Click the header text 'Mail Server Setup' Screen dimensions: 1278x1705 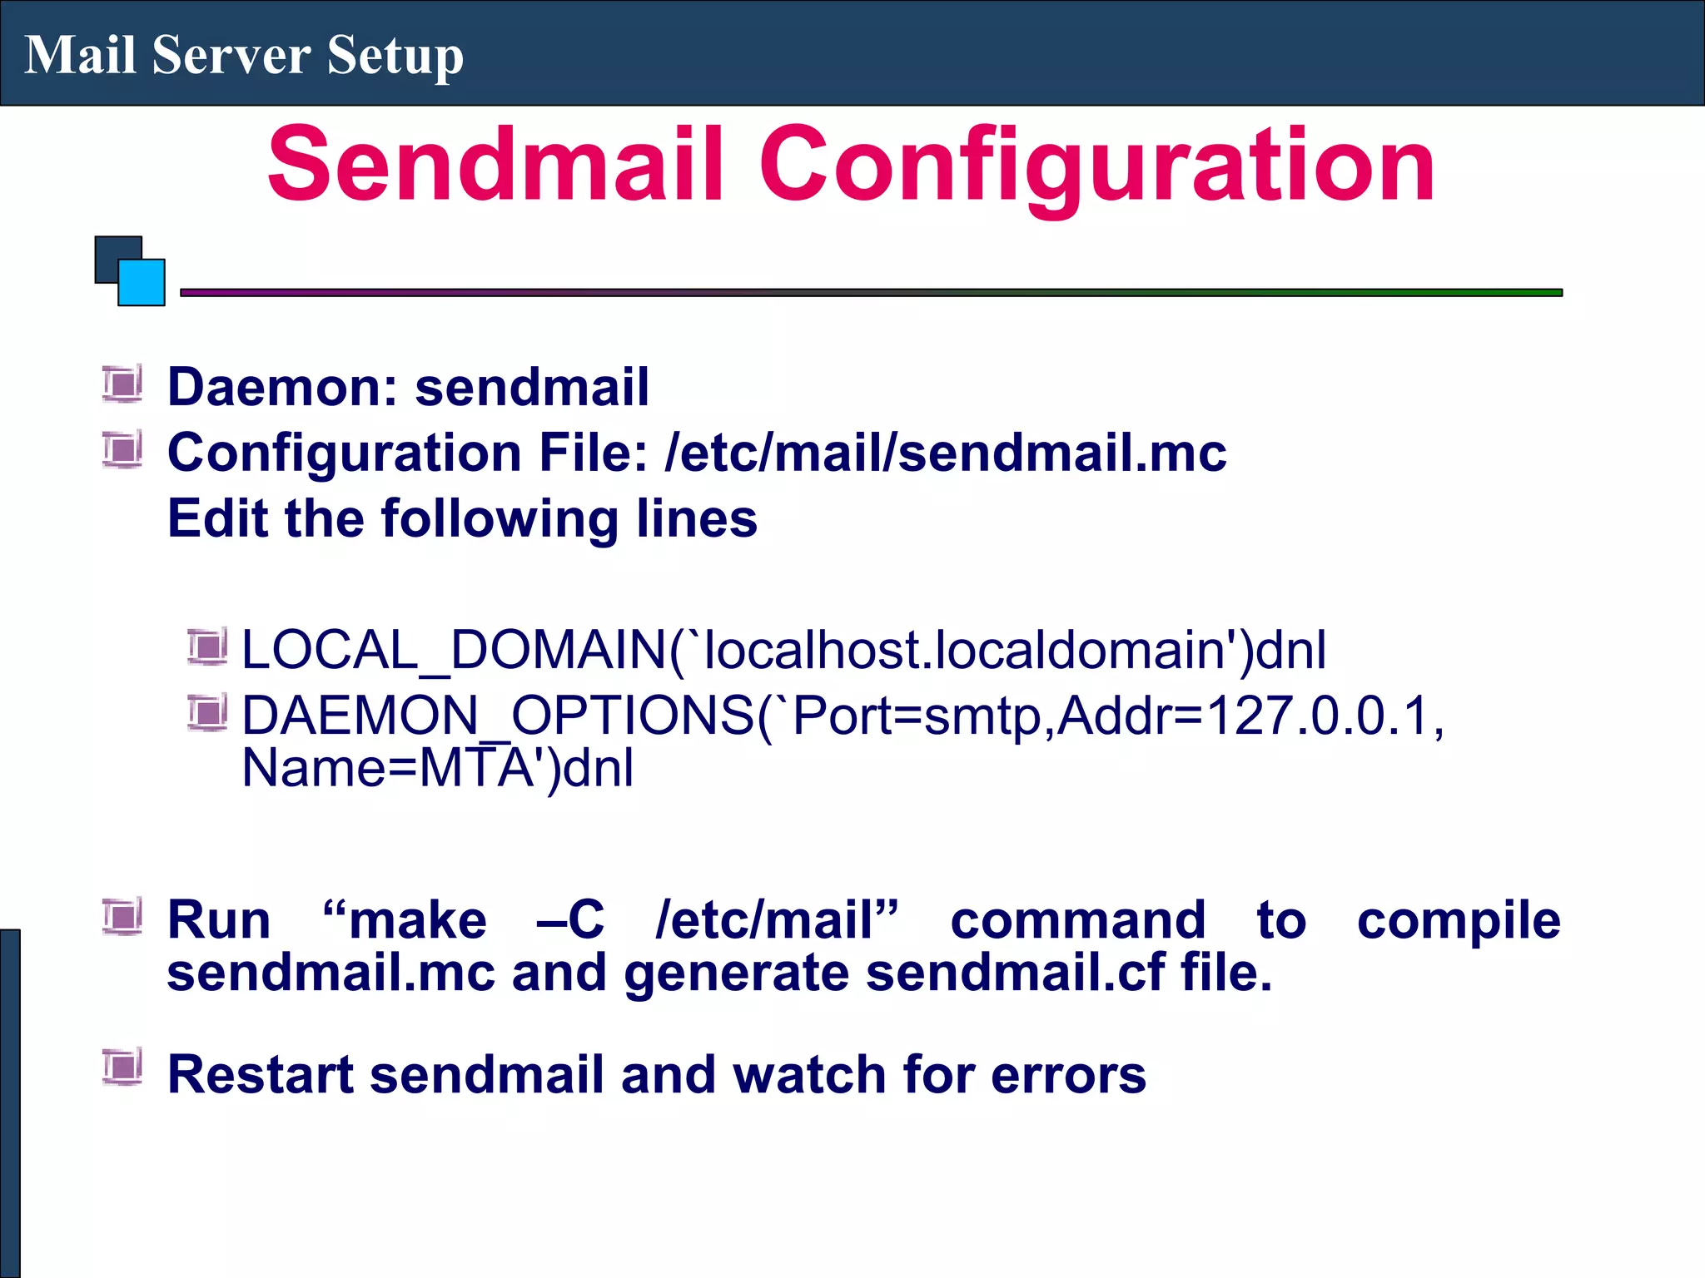pyautogui.click(x=244, y=55)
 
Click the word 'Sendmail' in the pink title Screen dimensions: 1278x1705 pyautogui.click(x=495, y=164)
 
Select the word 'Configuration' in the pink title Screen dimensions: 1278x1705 pyautogui.click(x=1096, y=166)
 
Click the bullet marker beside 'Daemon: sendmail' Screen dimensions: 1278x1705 pyautogui.click(x=122, y=384)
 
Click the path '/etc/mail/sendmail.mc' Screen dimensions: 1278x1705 pyautogui.click(x=945, y=453)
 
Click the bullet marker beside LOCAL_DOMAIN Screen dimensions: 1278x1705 pyautogui.click(x=206, y=647)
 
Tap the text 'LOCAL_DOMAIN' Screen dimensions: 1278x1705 pyautogui.click(x=454, y=650)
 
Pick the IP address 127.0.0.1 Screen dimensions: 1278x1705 pyautogui.click(x=1319, y=716)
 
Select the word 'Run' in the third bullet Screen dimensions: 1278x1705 pyautogui.click(x=219, y=920)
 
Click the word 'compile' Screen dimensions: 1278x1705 pyautogui.click(x=1459, y=920)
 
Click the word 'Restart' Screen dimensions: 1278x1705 pyautogui.click(x=261, y=1074)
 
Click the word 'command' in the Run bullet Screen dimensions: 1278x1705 pyautogui.click(x=1078, y=920)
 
